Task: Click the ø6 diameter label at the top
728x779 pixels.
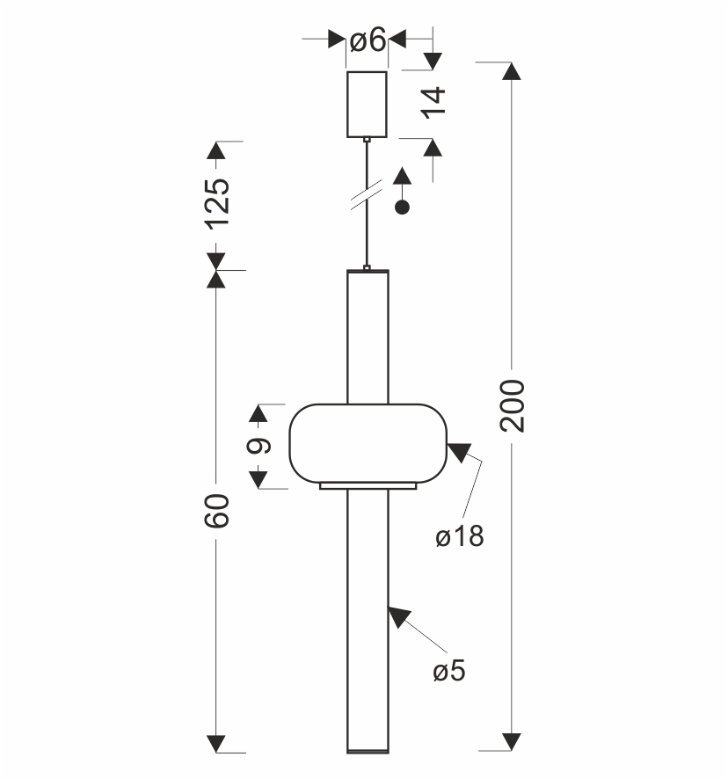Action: coord(368,40)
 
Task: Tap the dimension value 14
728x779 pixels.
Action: coord(433,103)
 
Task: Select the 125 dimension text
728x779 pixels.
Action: coord(218,204)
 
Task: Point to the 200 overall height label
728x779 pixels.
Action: coord(513,405)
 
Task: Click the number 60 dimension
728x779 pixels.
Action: coord(216,511)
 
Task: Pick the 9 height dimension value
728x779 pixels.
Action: coord(258,446)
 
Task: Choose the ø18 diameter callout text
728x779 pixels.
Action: coord(459,536)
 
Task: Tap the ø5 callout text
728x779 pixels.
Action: coord(448,671)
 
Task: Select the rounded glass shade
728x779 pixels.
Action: coord(368,443)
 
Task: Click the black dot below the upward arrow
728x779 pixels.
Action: coord(402,207)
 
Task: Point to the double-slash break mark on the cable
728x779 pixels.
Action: coord(367,194)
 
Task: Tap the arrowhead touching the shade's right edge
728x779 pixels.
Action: coord(459,451)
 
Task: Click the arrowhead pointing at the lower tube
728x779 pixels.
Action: coord(398,616)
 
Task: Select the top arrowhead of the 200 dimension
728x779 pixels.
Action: coord(512,71)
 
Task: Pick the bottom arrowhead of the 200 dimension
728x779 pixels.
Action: coord(512,742)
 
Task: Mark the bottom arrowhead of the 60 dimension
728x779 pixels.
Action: coord(216,744)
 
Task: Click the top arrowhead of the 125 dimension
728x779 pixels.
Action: coord(216,150)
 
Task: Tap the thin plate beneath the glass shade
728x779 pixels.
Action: coord(368,486)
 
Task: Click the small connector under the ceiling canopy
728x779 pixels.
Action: coord(367,140)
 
